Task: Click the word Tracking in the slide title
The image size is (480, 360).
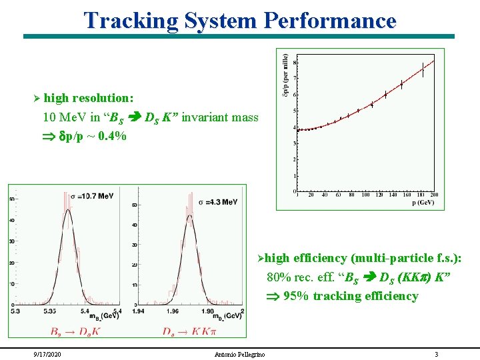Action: point(131,20)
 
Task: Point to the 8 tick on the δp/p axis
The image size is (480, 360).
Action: point(295,63)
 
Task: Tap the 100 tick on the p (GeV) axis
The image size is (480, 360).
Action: point(365,195)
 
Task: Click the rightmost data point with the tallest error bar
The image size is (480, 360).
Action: point(423,69)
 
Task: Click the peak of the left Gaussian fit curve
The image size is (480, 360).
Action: point(67,211)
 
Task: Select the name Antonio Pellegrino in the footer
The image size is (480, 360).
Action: point(239,354)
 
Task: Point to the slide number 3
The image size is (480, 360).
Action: point(436,354)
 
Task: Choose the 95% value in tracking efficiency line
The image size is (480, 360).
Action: point(295,296)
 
